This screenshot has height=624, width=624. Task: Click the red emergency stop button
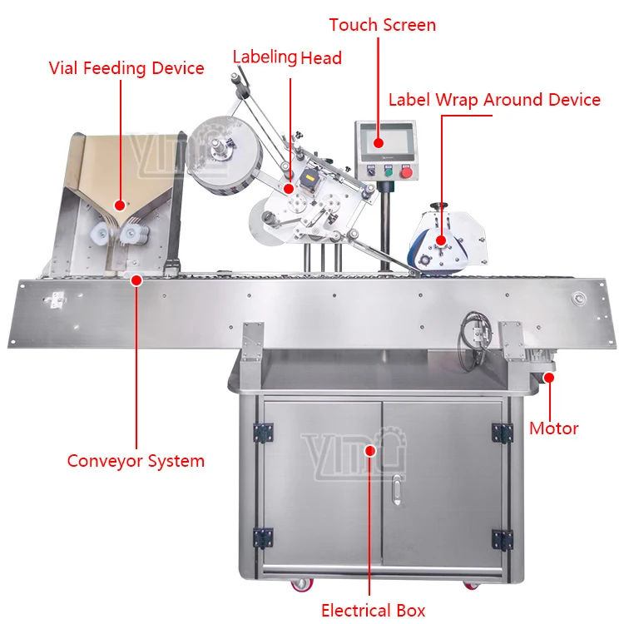point(407,172)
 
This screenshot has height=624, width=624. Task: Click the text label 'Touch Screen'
point(382,25)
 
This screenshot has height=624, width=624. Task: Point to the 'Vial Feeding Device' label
point(126,68)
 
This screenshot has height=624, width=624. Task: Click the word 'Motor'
point(554,429)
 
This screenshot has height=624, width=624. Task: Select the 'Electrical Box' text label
point(374,610)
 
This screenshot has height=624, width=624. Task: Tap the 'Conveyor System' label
point(136,460)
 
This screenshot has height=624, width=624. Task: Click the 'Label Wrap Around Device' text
point(494,100)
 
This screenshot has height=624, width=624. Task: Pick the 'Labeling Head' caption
point(287,57)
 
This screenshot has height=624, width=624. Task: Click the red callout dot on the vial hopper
point(119,204)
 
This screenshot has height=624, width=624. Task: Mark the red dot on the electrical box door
point(372,450)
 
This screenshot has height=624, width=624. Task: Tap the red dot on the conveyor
point(136,280)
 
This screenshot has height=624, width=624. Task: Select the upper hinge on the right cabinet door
point(501,432)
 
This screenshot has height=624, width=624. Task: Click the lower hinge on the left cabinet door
point(264,537)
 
